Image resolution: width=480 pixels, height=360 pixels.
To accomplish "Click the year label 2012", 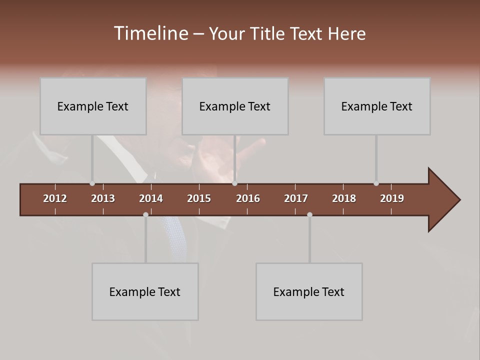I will click(55, 198).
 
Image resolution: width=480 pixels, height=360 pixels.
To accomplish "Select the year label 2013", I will click(103, 198).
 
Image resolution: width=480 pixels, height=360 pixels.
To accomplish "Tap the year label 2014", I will click(151, 198).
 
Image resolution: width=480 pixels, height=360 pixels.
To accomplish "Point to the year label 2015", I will click(199, 198).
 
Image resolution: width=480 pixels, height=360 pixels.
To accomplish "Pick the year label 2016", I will click(248, 198).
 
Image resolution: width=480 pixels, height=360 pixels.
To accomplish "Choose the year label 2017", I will click(296, 198).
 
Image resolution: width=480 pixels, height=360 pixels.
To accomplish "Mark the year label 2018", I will click(344, 198).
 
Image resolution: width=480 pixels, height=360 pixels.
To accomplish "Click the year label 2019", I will click(392, 198).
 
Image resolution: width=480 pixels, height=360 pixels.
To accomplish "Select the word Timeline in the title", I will click(150, 33).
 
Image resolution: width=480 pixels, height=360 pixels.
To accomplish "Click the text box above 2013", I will click(93, 106).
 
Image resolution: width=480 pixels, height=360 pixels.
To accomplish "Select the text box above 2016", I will click(235, 106).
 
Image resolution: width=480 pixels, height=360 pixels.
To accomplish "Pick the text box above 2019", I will click(377, 106).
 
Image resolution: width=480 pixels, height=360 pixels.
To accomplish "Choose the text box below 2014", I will click(145, 291).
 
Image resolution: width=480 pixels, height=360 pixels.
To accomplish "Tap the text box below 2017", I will click(309, 291).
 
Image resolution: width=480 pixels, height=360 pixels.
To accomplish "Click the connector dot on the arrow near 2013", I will click(92, 183).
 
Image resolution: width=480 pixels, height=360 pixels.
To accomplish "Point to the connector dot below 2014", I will click(145, 214).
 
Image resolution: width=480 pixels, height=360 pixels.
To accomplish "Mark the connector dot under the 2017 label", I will click(309, 214).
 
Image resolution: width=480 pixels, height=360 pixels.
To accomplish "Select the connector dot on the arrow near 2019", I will click(376, 183).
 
